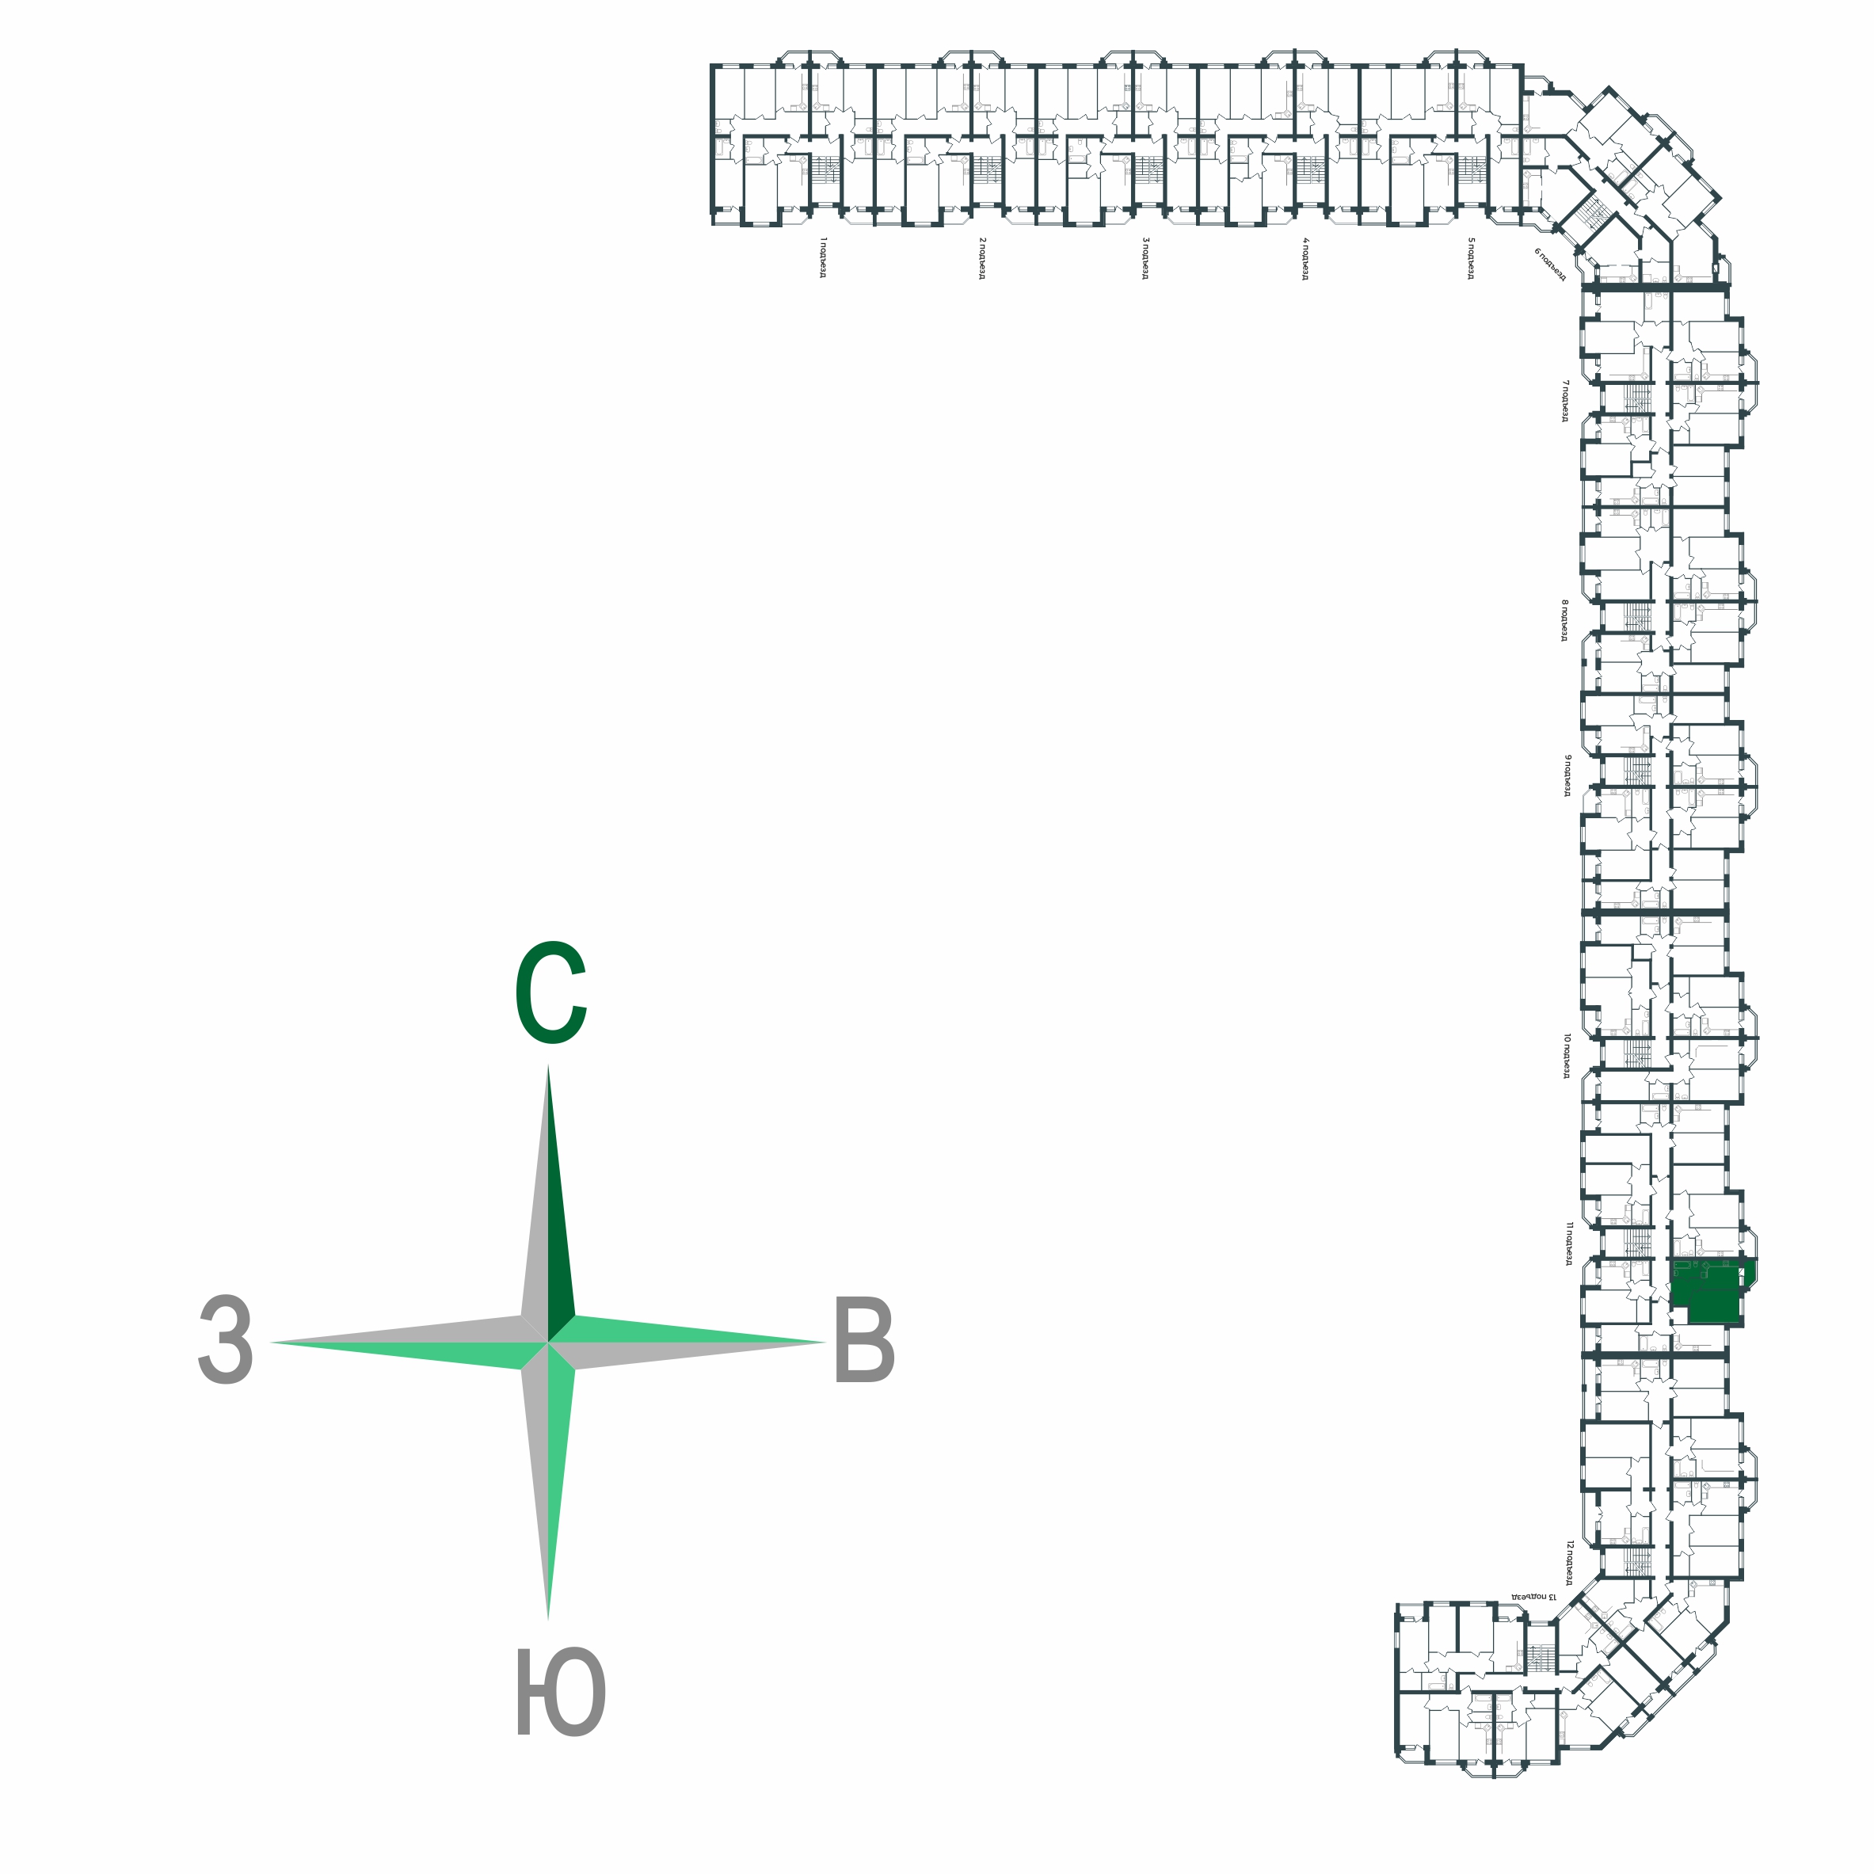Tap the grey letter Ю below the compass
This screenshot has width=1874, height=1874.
click(x=560, y=1692)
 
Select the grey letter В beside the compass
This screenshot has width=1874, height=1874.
click(x=863, y=1343)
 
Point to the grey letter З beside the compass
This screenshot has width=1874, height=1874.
click(x=226, y=1342)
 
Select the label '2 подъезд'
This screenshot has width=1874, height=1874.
click(x=981, y=257)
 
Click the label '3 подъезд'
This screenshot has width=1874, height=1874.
click(x=1145, y=257)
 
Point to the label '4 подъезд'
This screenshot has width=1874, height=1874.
click(x=1305, y=257)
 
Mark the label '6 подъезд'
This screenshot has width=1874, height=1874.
click(x=1550, y=264)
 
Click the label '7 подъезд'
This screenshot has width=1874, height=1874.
click(x=1564, y=401)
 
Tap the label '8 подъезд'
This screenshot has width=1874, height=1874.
click(x=1564, y=620)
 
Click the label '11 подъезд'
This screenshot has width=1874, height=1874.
click(x=1567, y=1244)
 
